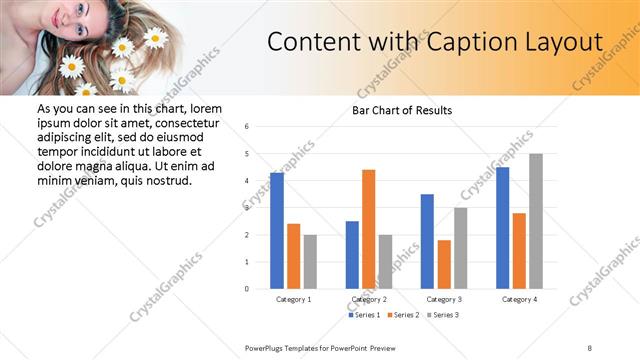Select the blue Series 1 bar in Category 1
(277, 231)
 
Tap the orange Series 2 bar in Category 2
(369, 229)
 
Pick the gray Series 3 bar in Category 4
(536, 221)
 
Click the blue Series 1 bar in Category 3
(427, 241)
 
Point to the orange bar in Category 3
(444, 264)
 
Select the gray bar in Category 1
(310, 262)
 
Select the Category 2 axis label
(369, 299)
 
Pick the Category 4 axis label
(520, 299)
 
